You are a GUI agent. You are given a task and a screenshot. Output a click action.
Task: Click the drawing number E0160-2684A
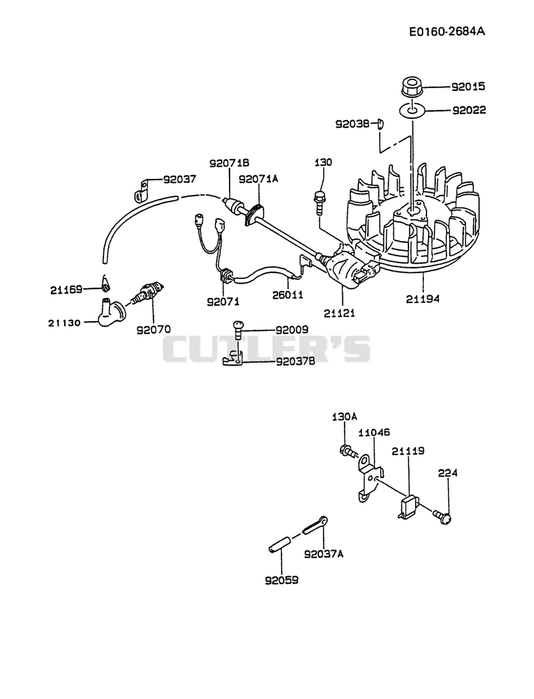pos(447,31)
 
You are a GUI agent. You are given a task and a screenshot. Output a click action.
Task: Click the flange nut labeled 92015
pos(411,87)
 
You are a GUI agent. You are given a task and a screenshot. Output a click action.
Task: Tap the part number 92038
pos(352,124)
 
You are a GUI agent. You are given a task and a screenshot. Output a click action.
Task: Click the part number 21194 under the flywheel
pos(422,299)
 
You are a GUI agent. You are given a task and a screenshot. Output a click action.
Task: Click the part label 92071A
pos(258,179)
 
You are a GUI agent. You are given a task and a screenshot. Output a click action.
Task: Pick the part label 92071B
pos(229,164)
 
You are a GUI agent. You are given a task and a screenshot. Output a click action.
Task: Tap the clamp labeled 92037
pos(141,190)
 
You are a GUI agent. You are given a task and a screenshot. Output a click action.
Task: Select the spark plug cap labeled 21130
pos(111,310)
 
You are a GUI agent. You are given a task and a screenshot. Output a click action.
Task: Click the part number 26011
pos(288,294)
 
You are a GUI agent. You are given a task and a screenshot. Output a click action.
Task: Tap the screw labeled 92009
pos(239,330)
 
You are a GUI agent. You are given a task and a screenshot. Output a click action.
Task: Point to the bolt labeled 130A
pos(348,451)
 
